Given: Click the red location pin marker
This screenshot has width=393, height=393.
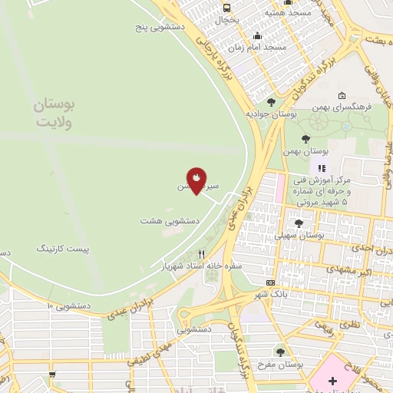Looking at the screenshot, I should click(x=196, y=180).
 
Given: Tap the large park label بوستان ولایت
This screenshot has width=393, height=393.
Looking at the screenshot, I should click(x=53, y=112).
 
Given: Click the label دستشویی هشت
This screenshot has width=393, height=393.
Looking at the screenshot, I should click(x=170, y=220).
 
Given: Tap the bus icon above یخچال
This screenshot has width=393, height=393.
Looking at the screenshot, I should click(x=226, y=8).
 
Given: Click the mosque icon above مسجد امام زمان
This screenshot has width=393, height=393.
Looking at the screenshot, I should click(x=256, y=35).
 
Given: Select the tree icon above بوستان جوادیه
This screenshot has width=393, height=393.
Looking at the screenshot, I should click(x=271, y=101).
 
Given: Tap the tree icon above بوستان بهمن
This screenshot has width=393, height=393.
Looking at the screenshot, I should click(x=306, y=139).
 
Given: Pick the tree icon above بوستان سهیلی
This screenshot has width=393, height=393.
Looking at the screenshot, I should click(x=299, y=223).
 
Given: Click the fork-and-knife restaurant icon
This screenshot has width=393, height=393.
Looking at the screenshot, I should click(x=202, y=253).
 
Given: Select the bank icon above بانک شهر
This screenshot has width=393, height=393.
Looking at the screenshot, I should click(x=270, y=283).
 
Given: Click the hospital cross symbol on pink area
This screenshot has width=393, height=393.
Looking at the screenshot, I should click(x=332, y=380).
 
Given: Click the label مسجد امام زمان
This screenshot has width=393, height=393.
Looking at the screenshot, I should click(x=263, y=47).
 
